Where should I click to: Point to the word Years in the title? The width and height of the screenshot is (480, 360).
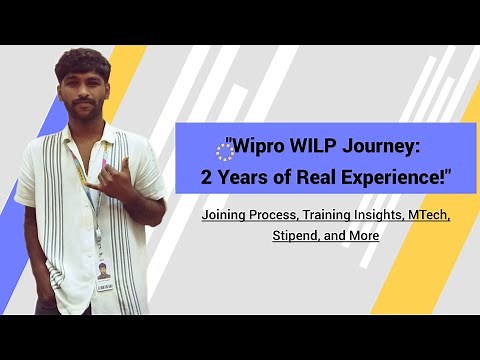pos(248,180)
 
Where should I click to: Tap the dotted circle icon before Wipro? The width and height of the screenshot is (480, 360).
pos(225,150)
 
